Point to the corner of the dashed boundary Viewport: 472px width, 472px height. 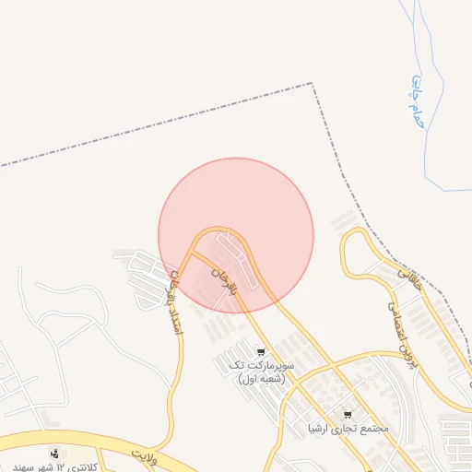[x=312, y=84]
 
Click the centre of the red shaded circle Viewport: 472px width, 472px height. [x=236, y=235]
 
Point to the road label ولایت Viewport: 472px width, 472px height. [x=145, y=454]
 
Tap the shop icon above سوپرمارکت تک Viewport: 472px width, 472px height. [x=261, y=351]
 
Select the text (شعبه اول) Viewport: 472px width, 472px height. [x=261, y=379]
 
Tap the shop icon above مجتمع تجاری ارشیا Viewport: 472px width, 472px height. [x=348, y=415]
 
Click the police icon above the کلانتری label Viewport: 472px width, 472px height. [x=55, y=453]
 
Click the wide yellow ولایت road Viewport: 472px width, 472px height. [x=92, y=441]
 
